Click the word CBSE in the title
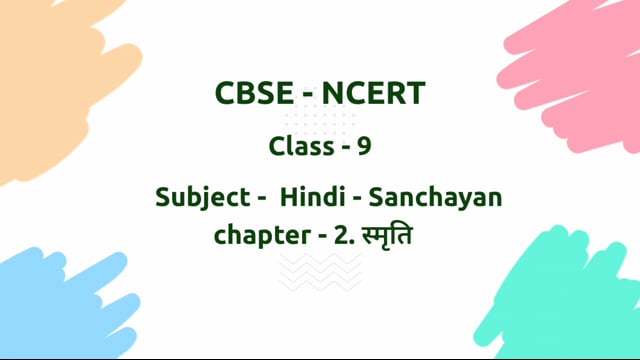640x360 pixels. click(251, 95)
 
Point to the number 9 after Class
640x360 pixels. click(365, 146)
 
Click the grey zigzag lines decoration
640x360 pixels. click(319, 271)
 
